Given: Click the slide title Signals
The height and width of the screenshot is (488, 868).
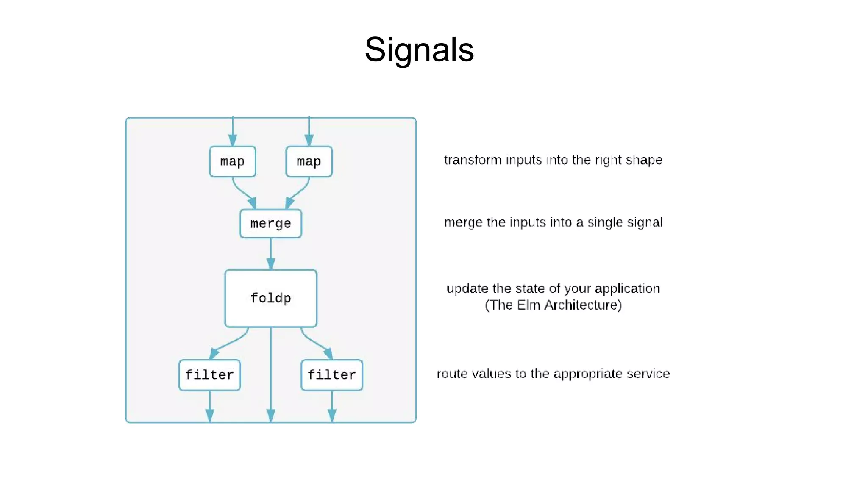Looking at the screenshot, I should (419, 50).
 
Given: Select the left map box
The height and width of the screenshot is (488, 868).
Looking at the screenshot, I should (232, 161).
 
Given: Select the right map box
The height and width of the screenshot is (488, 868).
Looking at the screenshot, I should (309, 161).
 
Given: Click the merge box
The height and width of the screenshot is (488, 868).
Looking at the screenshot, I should (270, 223).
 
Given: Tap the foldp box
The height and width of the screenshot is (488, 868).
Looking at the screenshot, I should (270, 298).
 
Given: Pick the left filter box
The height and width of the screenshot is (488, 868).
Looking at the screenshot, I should (209, 375).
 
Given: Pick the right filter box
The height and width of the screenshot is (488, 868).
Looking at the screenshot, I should (331, 375).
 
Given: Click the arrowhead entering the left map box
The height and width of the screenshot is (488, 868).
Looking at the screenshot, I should (233, 140).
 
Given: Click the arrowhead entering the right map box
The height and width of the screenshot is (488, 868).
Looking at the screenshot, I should (309, 140).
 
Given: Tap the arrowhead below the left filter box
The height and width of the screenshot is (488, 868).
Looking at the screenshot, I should (210, 415).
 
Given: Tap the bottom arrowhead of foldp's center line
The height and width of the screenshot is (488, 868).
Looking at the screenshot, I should (271, 415).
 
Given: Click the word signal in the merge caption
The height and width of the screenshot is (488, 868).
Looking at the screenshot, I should (645, 222).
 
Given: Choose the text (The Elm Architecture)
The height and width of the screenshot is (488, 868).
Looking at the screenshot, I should (553, 305).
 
